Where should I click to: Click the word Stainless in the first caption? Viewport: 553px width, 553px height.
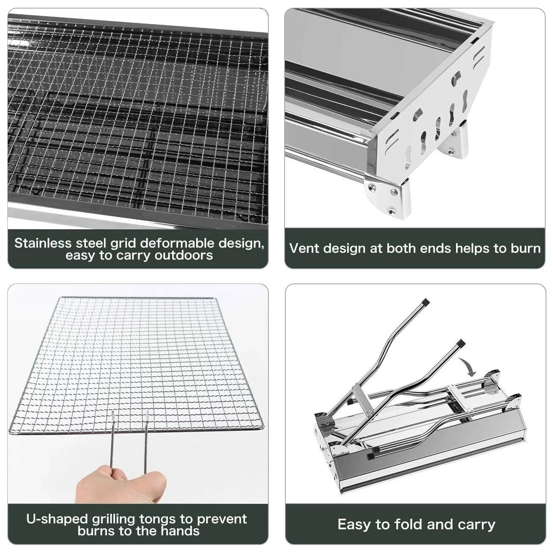[x=43, y=243]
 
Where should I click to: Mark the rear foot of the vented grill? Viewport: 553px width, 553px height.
[x=457, y=144]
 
